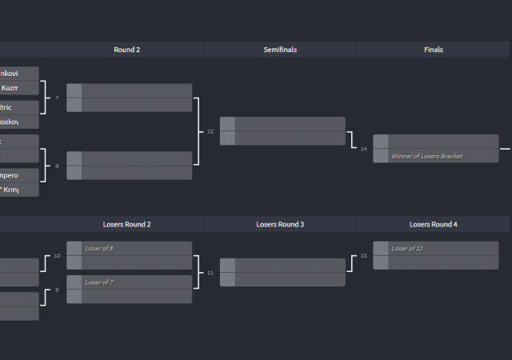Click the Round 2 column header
point(126,50)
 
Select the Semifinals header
point(280,50)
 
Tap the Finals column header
point(433,50)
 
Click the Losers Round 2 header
point(126,225)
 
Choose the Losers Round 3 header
point(280,225)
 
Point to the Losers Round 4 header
point(433,225)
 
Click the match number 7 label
point(57,98)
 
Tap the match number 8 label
point(57,166)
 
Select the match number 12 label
point(210,131)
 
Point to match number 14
point(363,149)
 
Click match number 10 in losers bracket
point(57,256)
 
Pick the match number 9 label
point(57,290)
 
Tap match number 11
point(210,273)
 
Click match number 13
point(363,256)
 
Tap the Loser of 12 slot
point(442,249)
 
